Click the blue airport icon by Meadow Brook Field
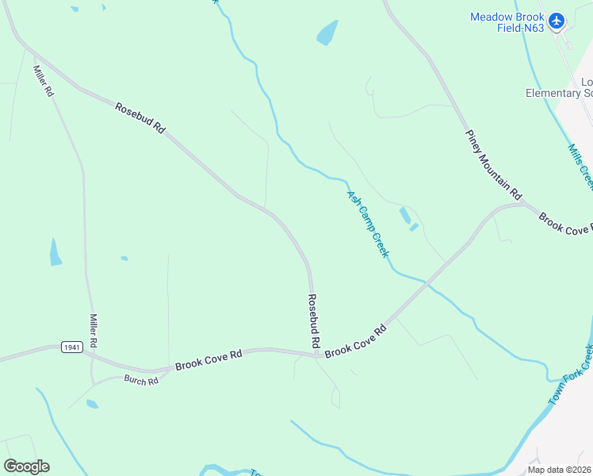click(x=557, y=21)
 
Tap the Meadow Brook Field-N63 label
click(x=507, y=22)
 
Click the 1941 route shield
click(x=71, y=347)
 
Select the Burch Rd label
click(x=141, y=381)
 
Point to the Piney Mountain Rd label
click(x=494, y=164)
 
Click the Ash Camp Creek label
click(x=368, y=223)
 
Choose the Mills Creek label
click(x=581, y=165)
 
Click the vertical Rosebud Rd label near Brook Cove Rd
click(x=314, y=321)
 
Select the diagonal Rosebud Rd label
click(x=140, y=117)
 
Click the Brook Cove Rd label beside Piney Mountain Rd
click(x=565, y=223)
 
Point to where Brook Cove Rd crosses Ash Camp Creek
click(x=428, y=281)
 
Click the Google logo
click(x=26, y=466)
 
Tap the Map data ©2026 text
click(x=559, y=470)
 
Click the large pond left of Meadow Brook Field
click(x=327, y=33)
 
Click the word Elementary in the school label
click(x=553, y=93)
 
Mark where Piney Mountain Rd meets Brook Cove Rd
click(x=526, y=205)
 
